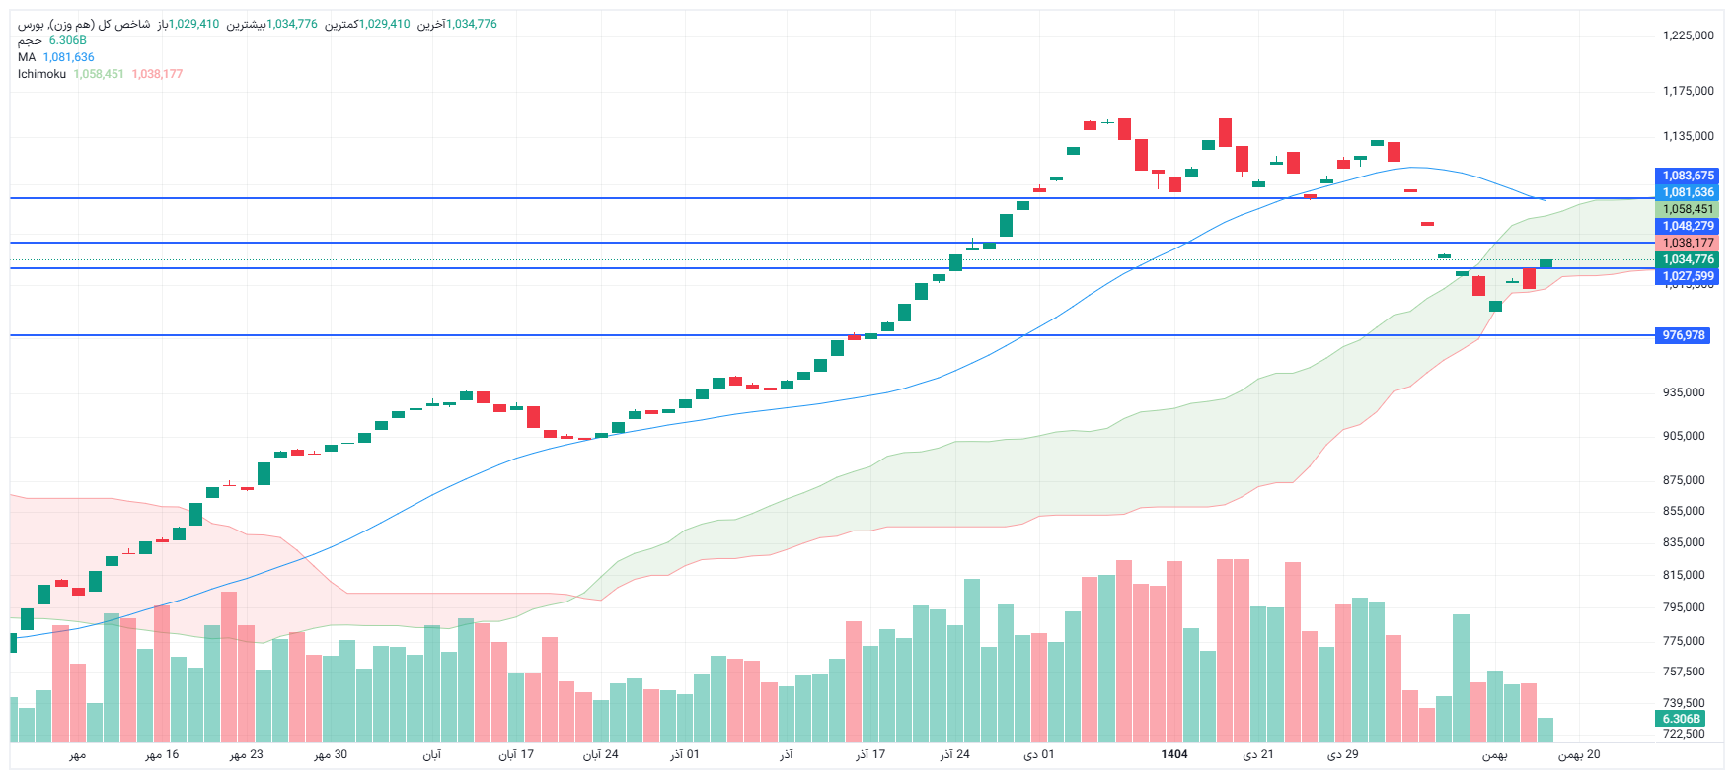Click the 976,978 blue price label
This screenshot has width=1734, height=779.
coord(1683,335)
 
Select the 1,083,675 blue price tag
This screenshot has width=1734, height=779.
coord(1688,176)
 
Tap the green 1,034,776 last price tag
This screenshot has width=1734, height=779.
coord(1688,259)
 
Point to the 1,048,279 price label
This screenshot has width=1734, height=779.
coord(1688,226)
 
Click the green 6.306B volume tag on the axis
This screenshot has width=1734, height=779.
coord(1681,719)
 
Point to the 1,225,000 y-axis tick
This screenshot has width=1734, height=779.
coord(1688,35)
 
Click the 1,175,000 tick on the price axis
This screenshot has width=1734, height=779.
coord(1688,91)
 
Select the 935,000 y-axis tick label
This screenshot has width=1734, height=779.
coord(1684,392)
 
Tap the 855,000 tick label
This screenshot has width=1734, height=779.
coord(1684,511)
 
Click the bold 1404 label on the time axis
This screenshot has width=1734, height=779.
coord(1174,754)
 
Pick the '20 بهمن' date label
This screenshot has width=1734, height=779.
coord(1579,754)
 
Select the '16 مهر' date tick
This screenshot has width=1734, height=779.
coord(162,754)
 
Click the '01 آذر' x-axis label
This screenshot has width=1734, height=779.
coord(685,754)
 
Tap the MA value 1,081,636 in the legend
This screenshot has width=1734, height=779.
coord(68,57)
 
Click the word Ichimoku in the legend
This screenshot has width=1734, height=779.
coord(41,74)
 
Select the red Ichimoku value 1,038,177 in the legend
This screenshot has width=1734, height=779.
coord(157,74)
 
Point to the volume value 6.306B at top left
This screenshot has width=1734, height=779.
coord(67,40)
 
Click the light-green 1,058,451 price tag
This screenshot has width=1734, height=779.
coord(1688,209)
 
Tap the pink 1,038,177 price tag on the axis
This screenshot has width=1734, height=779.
coord(1688,243)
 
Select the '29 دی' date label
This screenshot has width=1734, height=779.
coord(1342,754)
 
